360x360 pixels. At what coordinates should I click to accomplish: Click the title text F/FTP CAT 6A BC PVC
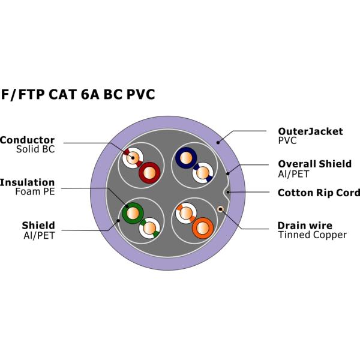coord(78,95)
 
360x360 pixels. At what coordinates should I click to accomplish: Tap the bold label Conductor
coord(27,140)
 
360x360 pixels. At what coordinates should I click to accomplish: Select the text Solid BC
coord(35,149)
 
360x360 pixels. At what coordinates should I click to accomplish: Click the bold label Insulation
coord(27,182)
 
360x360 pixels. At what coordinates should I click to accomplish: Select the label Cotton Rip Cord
coord(319,193)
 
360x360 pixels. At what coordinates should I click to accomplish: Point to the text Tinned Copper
coord(312,235)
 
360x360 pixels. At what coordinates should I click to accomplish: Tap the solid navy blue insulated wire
coord(185,158)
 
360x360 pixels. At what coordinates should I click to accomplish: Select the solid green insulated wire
coord(131,212)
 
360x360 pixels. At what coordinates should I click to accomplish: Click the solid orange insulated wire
coord(202,228)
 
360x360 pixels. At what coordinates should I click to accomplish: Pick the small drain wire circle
coord(221,209)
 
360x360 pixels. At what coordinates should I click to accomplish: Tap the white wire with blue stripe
coord(203,174)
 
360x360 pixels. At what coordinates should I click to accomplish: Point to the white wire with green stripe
coord(148,227)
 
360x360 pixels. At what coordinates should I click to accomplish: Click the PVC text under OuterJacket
coord(288,141)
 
